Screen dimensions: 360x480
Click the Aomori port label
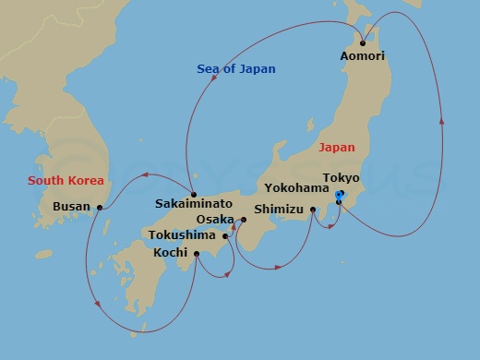click(363, 56)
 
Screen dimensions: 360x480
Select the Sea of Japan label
click(236, 69)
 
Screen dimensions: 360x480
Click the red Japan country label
click(335, 147)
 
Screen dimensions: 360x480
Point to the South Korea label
click(66, 180)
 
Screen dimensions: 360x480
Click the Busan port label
click(72, 207)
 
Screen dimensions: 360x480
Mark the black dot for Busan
click(99, 207)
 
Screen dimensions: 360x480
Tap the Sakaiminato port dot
click(193, 195)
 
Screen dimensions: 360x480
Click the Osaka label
click(216, 220)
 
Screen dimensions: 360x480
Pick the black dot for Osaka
click(244, 220)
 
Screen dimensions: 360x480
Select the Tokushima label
click(185, 235)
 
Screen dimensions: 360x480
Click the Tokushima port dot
click(225, 235)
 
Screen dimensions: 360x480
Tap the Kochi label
click(171, 252)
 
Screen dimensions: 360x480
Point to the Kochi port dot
click(197, 252)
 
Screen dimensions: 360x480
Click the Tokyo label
click(341, 177)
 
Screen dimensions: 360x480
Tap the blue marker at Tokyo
click(339, 196)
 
